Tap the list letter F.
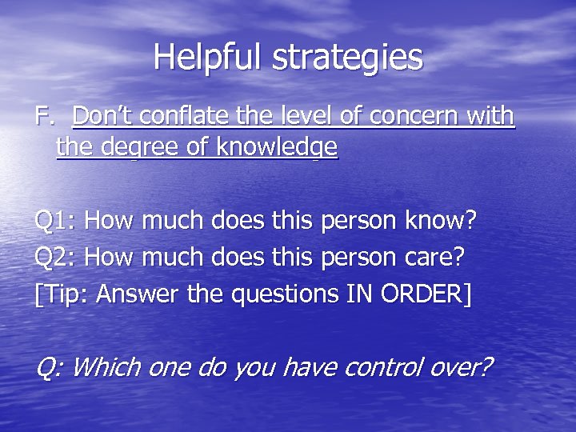[43, 117]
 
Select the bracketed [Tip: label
[62, 295]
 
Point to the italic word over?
[466, 367]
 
